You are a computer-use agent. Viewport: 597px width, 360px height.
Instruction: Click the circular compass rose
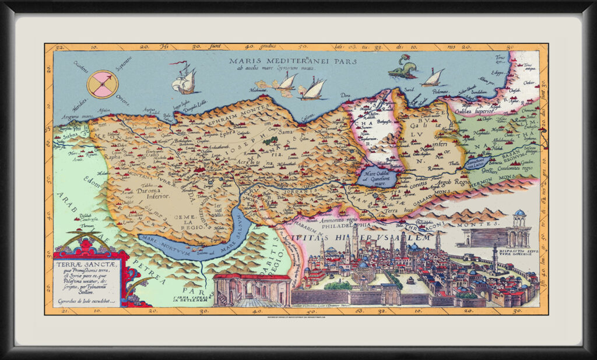click(102, 84)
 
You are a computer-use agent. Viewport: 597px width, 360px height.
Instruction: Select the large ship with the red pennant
click(185, 79)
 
